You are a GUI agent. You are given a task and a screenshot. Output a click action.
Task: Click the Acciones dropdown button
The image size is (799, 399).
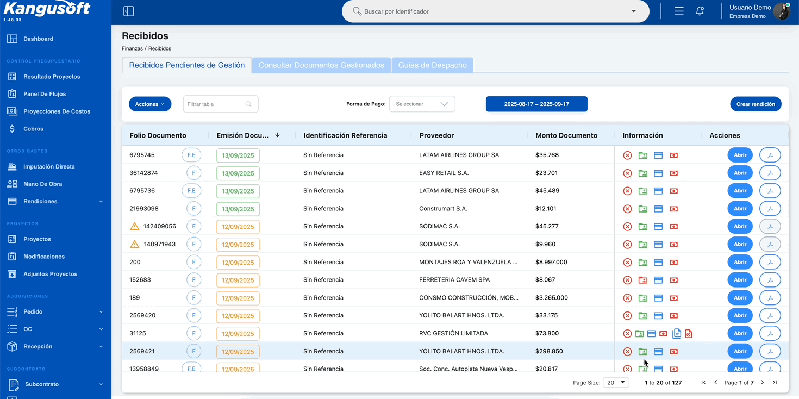pos(150,104)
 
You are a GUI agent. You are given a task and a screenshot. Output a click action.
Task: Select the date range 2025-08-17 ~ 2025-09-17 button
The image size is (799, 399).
pos(536,104)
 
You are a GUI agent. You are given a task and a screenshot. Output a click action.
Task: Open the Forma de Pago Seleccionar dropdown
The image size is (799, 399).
pos(422,104)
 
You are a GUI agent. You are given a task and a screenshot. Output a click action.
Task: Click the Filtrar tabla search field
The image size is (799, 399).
pos(221,104)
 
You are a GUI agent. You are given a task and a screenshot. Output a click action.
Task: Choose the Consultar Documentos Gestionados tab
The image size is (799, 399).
pos(321,65)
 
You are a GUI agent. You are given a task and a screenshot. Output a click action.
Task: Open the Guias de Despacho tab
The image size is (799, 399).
pos(432,65)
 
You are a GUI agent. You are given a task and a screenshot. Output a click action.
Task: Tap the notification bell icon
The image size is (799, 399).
pos(700,11)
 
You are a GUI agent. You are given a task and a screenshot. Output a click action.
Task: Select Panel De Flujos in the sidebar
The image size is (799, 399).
pos(45,94)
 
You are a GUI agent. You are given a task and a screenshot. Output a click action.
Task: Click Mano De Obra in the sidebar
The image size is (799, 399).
pos(43,184)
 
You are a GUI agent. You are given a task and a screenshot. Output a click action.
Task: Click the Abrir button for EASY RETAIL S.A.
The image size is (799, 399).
pos(740,173)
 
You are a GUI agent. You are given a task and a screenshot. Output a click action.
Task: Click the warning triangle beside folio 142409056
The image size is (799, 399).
pos(134,226)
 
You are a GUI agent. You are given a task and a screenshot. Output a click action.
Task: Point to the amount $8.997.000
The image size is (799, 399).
pos(551,262)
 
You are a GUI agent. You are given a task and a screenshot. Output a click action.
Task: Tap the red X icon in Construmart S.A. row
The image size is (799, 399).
pos(627,209)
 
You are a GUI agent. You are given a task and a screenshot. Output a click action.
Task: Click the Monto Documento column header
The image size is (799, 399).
pos(566,135)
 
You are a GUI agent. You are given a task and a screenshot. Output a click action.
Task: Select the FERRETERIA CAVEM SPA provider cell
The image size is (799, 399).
pos(454,280)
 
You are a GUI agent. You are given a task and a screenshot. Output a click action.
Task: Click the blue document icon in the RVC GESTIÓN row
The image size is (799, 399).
pos(676,333)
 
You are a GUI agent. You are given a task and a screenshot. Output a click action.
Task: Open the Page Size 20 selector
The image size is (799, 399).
pos(616,383)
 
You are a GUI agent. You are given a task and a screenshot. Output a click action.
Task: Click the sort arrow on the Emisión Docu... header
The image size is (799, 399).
pos(277,135)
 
